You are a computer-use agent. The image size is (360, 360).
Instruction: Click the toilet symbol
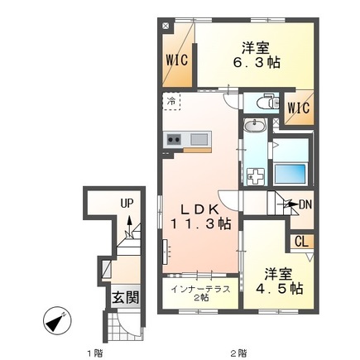click(267, 103)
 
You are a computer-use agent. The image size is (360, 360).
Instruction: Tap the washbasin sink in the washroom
click(254, 127)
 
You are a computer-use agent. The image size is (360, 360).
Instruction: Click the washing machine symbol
click(256, 176)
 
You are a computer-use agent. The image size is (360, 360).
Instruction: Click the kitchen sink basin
click(199, 139)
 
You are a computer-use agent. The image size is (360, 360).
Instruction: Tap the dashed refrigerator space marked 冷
click(171, 101)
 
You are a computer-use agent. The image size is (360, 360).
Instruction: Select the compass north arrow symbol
click(57, 321)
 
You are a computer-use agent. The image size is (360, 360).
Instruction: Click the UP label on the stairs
click(127, 204)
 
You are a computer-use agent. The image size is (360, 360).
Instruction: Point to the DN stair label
click(305, 204)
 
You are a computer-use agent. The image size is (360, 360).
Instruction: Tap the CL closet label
click(301, 242)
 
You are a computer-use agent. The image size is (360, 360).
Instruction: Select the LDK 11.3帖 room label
click(200, 217)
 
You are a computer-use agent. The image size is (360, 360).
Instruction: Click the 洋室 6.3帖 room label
click(257, 55)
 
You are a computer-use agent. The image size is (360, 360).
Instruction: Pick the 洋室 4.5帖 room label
click(280, 281)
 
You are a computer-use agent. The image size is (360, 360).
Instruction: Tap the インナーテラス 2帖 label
click(200, 293)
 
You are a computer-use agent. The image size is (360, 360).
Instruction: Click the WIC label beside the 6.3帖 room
click(177, 60)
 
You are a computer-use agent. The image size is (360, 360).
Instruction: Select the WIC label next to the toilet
click(299, 108)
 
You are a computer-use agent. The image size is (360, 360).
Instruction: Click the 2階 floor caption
click(239, 353)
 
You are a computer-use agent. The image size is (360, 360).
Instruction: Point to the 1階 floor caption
click(95, 353)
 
